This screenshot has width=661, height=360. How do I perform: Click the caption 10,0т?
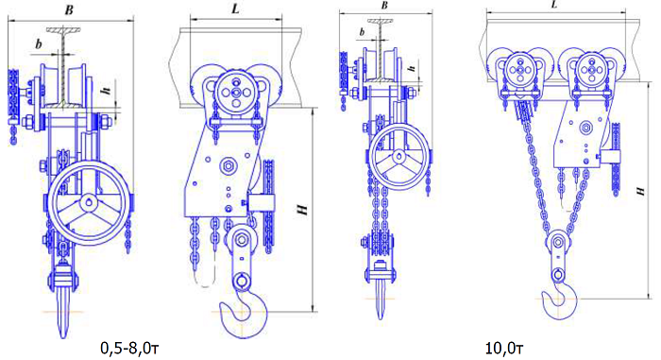click(504, 349)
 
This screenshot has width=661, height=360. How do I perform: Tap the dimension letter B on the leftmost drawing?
click(69, 10)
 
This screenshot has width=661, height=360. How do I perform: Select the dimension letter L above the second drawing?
click(235, 9)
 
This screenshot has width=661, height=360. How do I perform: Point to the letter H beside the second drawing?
click(302, 210)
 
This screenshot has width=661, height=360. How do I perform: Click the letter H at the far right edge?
click(641, 191)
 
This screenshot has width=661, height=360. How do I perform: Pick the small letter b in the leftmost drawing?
click(39, 43)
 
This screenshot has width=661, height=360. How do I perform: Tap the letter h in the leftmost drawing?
click(106, 90)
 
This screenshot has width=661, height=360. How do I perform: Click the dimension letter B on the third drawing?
click(384, 6)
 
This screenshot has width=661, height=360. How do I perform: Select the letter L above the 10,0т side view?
click(554, 5)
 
